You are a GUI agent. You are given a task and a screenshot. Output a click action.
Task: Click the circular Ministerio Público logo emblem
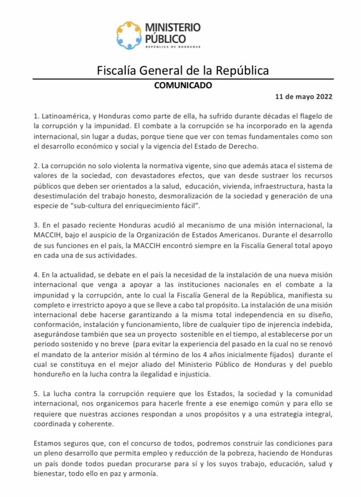[x=129, y=35]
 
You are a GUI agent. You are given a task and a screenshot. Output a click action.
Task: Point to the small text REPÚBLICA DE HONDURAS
[x=172, y=47]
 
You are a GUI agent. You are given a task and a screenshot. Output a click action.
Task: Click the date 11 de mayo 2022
[x=304, y=96]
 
